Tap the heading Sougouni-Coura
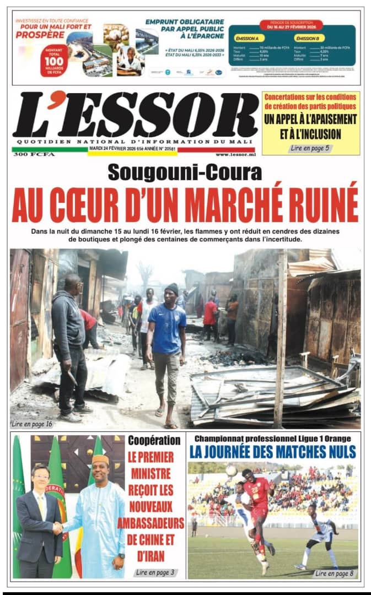point(185,173)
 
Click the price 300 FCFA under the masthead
point(34,155)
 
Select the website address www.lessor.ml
point(235,155)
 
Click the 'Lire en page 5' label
point(310,148)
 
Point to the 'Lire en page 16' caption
point(33,424)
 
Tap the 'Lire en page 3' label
point(155,572)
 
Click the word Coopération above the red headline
point(154,440)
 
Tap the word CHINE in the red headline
point(144,540)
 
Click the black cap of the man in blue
point(171,287)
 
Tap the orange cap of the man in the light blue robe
point(101,459)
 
